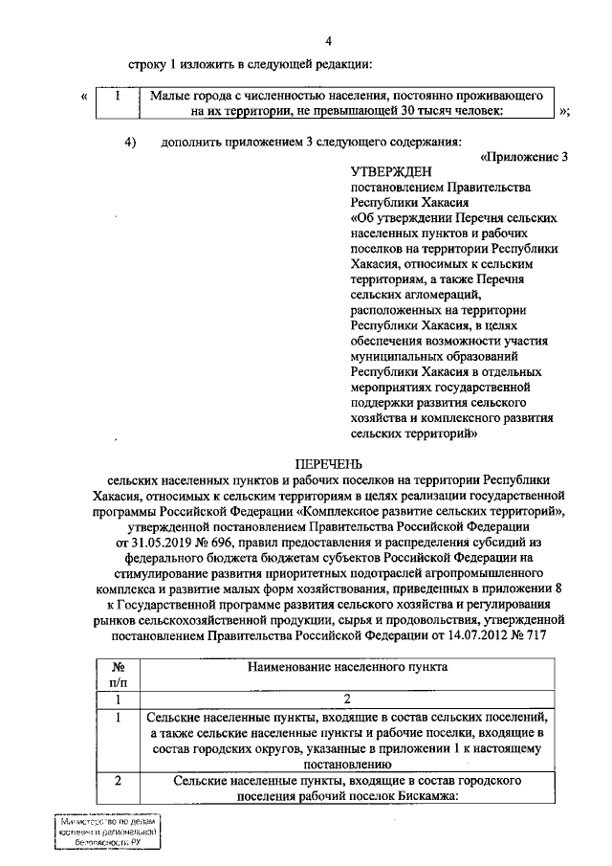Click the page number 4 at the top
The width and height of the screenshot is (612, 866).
pyautogui.click(x=330, y=40)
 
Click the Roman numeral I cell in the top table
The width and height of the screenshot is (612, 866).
pyautogui.click(x=116, y=96)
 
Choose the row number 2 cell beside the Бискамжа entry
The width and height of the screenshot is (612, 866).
pyautogui.click(x=116, y=782)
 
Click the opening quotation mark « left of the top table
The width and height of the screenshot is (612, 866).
pyautogui.click(x=85, y=97)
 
